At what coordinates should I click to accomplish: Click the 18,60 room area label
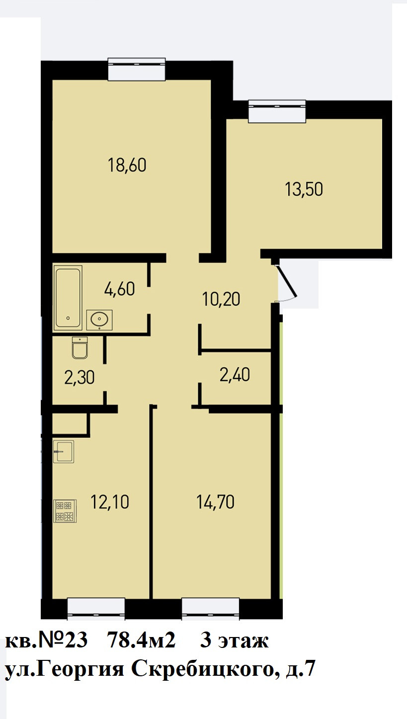127,165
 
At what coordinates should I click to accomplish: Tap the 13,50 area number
304,189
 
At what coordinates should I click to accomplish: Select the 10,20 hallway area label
221,299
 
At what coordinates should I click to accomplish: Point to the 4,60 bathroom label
119,289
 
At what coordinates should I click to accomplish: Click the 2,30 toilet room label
80,378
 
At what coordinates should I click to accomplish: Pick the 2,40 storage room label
235,375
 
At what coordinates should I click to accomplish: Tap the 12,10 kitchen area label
110,502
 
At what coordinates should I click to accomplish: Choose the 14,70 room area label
215,502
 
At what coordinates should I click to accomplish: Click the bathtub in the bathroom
68,298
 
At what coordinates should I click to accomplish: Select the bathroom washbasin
99,320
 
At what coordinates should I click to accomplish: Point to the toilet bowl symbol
80,348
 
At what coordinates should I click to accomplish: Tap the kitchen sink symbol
64,451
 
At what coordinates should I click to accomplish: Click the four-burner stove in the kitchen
65,511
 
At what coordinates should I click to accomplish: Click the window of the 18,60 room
137,69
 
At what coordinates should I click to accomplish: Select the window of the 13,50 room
277,111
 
